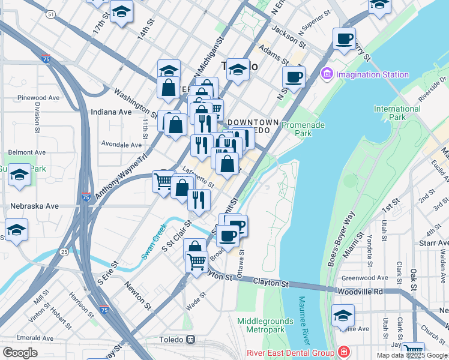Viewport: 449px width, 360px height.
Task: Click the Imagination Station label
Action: click(x=372, y=75)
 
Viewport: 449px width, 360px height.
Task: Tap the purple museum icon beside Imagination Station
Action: click(x=327, y=75)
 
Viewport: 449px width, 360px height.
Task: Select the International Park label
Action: click(x=397, y=113)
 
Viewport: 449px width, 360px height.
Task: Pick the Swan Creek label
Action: click(x=152, y=241)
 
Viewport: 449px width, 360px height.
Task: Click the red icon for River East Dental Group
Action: click(x=344, y=352)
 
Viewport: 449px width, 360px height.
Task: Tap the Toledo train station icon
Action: click(x=190, y=339)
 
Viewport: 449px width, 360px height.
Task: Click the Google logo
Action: click(x=20, y=353)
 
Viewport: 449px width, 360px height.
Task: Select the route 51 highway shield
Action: click(x=52, y=13)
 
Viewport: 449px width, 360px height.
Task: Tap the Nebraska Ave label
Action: click(x=35, y=206)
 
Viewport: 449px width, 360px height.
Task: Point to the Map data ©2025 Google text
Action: click(x=411, y=355)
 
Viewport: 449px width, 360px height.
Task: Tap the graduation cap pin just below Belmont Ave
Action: click(x=20, y=175)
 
